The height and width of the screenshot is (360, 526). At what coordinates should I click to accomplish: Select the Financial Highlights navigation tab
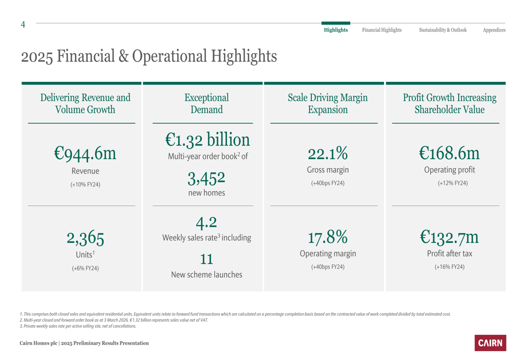pyautogui.click(x=381, y=30)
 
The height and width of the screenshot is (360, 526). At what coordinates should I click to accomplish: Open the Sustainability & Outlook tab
pyautogui.click(x=442, y=30)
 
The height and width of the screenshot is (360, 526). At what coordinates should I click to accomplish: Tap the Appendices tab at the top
pyautogui.click(x=494, y=30)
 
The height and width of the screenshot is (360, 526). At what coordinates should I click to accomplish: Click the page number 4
pyautogui.click(x=23, y=24)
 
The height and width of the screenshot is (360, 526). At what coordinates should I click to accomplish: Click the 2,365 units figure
pyautogui.click(x=85, y=238)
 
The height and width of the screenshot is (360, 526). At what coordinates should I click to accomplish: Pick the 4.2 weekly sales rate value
pyautogui.click(x=206, y=222)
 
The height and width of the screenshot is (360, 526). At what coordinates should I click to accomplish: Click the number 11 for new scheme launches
pyautogui.click(x=206, y=259)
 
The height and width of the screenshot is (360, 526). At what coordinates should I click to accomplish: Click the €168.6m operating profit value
pyautogui.click(x=449, y=154)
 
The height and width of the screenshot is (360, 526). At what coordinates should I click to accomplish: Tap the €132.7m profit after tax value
pyautogui.click(x=449, y=238)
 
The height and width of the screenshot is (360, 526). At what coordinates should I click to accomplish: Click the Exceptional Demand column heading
pyautogui.click(x=206, y=104)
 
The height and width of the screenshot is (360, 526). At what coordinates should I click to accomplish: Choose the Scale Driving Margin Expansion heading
pyautogui.click(x=328, y=104)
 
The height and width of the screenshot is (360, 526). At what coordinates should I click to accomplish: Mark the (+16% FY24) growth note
pyautogui.click(x=449, y=267)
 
